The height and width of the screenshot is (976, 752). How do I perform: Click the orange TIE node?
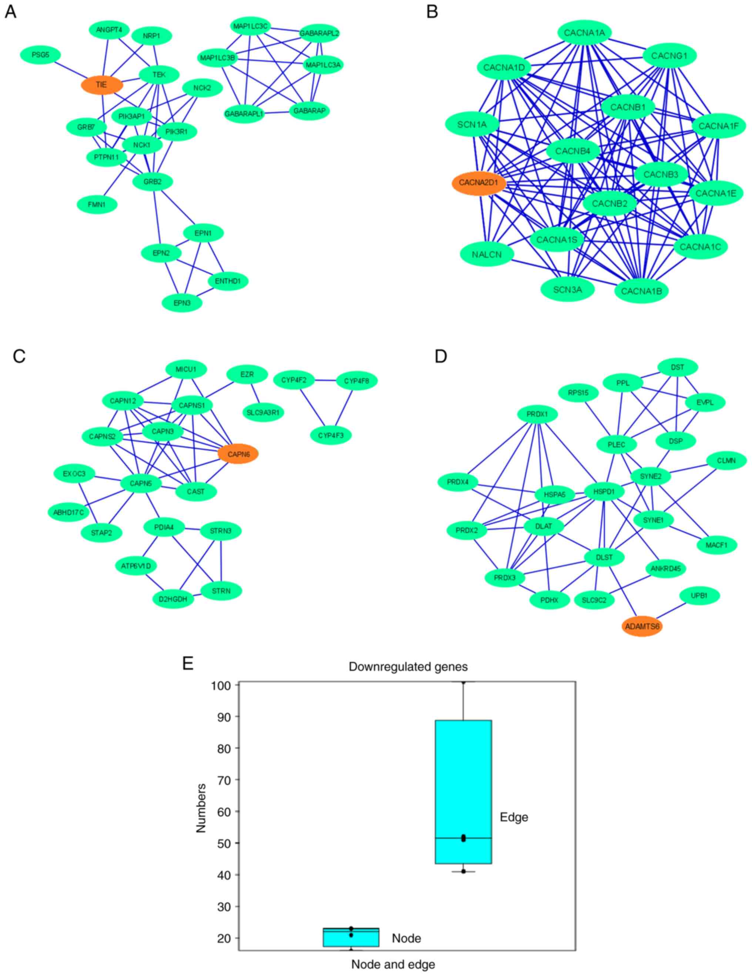point(101,85)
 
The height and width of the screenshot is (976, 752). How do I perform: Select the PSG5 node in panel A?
point(41,55)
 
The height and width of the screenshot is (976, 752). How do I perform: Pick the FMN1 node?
point(97,205)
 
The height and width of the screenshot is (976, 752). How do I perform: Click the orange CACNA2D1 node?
point(479,183)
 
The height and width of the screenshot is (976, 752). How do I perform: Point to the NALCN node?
point(487,254)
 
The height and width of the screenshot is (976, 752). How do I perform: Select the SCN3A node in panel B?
point(567,290)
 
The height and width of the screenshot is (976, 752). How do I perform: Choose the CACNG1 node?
point(669,55)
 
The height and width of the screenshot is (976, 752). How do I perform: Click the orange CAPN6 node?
point(238,454)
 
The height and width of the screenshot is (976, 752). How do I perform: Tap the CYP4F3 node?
point(331,435)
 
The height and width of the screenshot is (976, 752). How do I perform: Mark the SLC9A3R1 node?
point(263,412)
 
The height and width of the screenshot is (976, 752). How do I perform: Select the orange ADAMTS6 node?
point(642,627)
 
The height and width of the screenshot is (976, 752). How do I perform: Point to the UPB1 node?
point(699,596)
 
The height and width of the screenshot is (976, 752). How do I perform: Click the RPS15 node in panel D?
point(578,393)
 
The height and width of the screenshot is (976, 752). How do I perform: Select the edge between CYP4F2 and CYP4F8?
point(325,381)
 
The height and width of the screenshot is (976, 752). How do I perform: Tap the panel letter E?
point(188,663)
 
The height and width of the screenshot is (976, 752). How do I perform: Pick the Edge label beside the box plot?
point(514,817)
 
